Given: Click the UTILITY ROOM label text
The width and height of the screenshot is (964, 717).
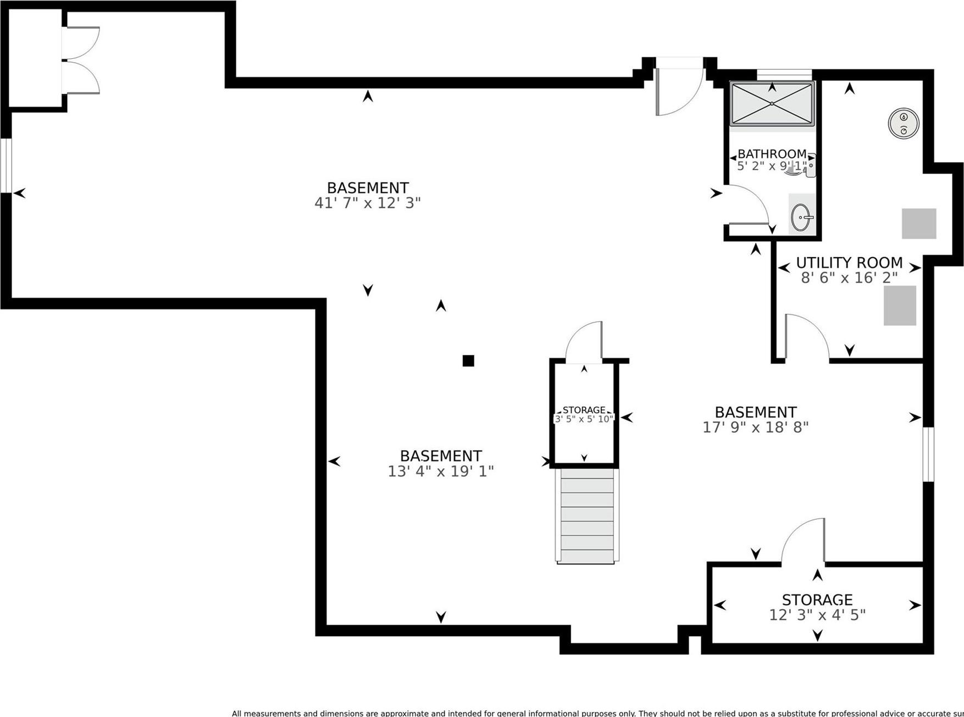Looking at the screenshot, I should pyautogui.click(x=849, y=263).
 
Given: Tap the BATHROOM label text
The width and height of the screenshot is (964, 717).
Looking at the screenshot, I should pyautogui.click(x=772, y=154).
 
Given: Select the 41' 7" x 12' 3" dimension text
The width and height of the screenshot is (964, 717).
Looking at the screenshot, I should pyautogui.click(x=367, y=203).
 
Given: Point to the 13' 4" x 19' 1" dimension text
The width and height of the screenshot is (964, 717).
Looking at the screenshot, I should pyautogui.click(x=441, y=471).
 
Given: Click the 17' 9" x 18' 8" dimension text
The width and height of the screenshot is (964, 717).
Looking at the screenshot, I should pyautogui.click(x=755, y=427).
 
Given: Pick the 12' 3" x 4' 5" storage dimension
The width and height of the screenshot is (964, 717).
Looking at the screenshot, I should pyautogui.click(x=817, y=615).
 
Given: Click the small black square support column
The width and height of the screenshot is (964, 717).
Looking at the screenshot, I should pyautogui.click(x=468, y=360).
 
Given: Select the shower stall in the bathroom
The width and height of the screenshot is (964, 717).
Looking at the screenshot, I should pyautogui.click(x=772, y=103).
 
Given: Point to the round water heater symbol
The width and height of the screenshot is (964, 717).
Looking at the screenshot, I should pyautogui.click(x=904, y=123).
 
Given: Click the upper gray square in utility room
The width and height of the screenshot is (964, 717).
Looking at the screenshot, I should pyautogui.click(x=918, y=223).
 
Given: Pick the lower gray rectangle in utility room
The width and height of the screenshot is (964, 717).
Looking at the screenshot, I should pyautogui.click(x=900, y=305).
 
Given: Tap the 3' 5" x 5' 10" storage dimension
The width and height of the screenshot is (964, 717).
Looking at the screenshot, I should pyautogui.click(x=584, y=419).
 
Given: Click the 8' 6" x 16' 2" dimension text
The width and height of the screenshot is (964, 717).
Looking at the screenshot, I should pyautogui.click(x=849, y=278).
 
